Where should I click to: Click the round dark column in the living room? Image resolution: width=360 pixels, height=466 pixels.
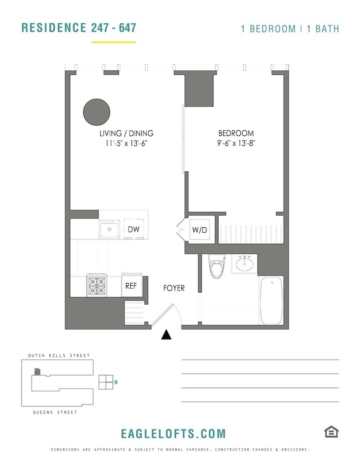96,112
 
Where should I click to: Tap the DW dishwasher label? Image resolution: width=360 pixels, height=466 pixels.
133,229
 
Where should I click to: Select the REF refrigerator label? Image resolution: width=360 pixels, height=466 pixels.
131,286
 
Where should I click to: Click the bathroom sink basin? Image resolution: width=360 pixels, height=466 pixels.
244,264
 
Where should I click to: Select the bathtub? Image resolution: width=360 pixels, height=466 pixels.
271,300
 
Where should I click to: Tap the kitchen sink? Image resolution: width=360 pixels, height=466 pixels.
109,229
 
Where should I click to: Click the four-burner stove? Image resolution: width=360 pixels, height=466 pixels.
96,286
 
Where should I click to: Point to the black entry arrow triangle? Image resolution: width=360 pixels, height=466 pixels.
166,334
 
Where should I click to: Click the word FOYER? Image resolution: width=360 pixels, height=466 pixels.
173,289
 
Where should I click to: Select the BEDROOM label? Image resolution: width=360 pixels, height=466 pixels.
236,134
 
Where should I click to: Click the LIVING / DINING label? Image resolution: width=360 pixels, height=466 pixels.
126,134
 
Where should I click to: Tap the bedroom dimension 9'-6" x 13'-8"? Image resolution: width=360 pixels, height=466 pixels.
236,144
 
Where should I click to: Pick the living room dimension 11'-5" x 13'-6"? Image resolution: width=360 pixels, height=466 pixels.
126,144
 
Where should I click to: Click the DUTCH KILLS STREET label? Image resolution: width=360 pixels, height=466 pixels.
59,356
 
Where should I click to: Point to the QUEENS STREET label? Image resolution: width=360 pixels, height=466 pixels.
55,412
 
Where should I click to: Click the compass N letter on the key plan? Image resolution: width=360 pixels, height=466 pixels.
116,382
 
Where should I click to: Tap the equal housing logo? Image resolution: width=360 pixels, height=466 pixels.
331,432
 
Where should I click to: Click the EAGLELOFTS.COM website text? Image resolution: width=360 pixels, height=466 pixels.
173,434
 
